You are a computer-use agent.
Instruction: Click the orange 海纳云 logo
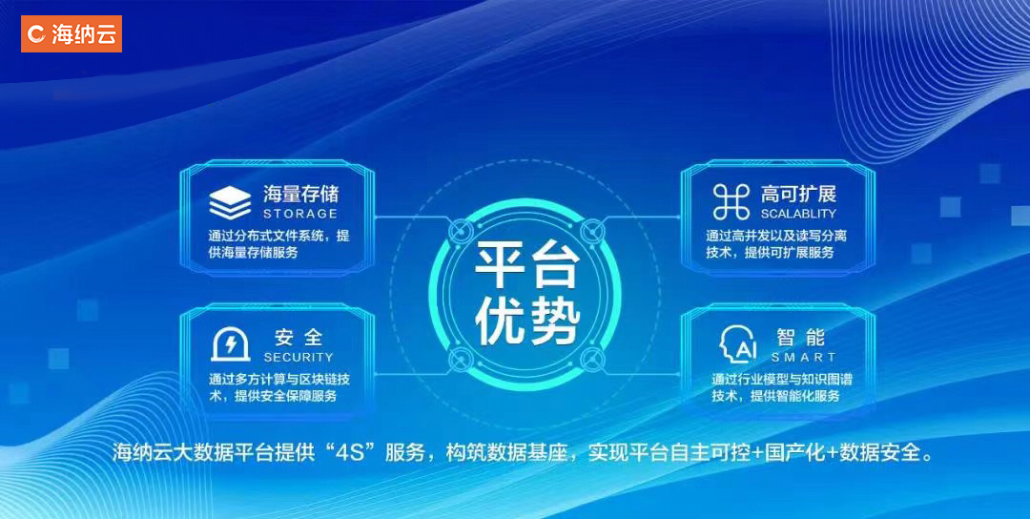71,33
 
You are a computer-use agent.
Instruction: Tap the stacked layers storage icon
230,203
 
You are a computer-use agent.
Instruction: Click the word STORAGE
300,214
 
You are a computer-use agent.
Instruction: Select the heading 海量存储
300,194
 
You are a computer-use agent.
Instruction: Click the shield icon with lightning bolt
230,345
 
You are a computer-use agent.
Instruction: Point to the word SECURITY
299,358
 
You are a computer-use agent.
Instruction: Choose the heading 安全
299,338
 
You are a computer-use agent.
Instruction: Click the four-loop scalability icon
731,202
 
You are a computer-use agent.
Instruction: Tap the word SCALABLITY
798,214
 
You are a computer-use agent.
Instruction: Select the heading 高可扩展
799,194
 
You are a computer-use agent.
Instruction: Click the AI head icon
737,345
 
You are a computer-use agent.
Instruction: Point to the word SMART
803,358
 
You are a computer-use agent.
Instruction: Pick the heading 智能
801,338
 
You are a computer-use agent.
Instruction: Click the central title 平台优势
526,294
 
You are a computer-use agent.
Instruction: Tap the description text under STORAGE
279,243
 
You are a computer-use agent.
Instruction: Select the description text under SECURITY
279,387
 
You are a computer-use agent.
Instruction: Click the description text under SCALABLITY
776,243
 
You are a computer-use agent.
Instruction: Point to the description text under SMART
782,387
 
